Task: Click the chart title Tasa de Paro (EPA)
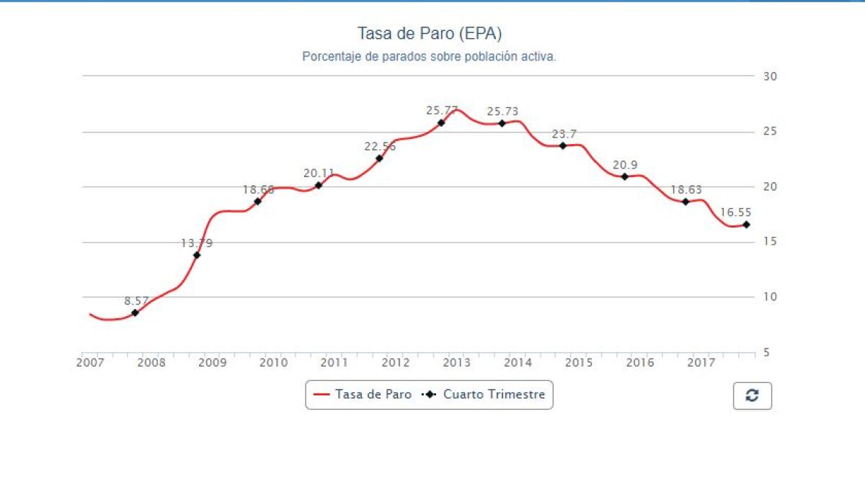pos(430,34)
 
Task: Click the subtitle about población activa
pos(429,56)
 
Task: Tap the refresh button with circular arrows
pos(752,395)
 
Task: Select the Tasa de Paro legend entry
pos(363,395)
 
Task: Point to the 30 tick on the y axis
pos(769,76)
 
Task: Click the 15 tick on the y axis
pos(769,242)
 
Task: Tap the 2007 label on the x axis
pos(90,362)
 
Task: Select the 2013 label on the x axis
pos(456,362)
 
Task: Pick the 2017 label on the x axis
pos(701,362)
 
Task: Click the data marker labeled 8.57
pos(136,312)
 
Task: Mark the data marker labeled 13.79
pos(197,255)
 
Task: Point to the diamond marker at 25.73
pos(502,123)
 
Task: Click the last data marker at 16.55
pos(746,225)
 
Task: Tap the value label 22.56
pos(380,146)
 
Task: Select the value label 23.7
pos(563,134)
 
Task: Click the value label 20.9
pos(625,165)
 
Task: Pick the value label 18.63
pos(686,190)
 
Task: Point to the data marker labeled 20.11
pos(319,185)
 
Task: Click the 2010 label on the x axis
pos(273,362)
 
